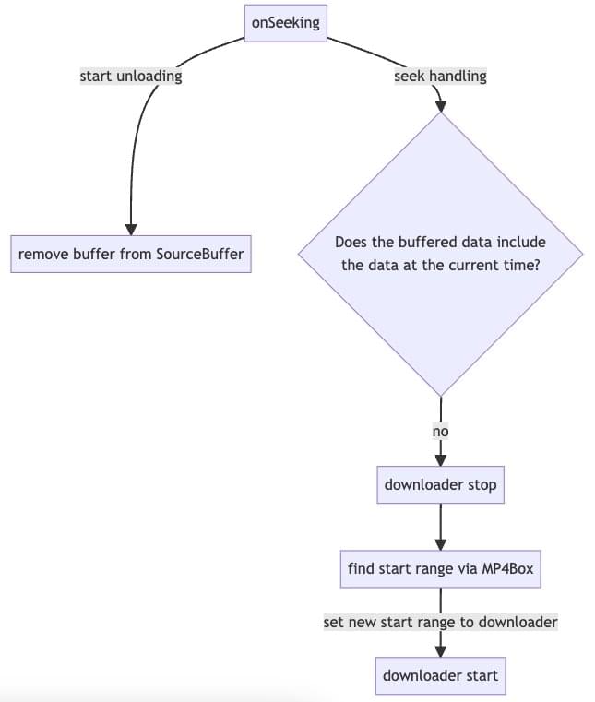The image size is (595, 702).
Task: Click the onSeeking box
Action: pyautogui.click(x=286, y=23)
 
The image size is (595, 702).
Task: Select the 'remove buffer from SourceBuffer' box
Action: pyautogui.click(x=131, y=254)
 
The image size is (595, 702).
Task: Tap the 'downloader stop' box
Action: pyautogui.click(x=441, y=484)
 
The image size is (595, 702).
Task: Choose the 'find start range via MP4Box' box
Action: pyautogui.click(x=440, y=568)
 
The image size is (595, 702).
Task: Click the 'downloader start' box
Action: pyautogui.click(x=441, y=675)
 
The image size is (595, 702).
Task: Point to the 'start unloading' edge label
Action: pyautogui.click(x=131, y=77)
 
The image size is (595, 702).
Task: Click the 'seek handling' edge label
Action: pyautogui.click(x=440, y=77)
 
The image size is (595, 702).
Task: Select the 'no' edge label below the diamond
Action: pyautogui.click(x=441, y=431)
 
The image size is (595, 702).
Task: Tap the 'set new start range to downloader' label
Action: pyautogui.click(x=440, y=623)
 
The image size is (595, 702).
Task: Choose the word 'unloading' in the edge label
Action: pyautogui.click(x=149, y=77)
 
